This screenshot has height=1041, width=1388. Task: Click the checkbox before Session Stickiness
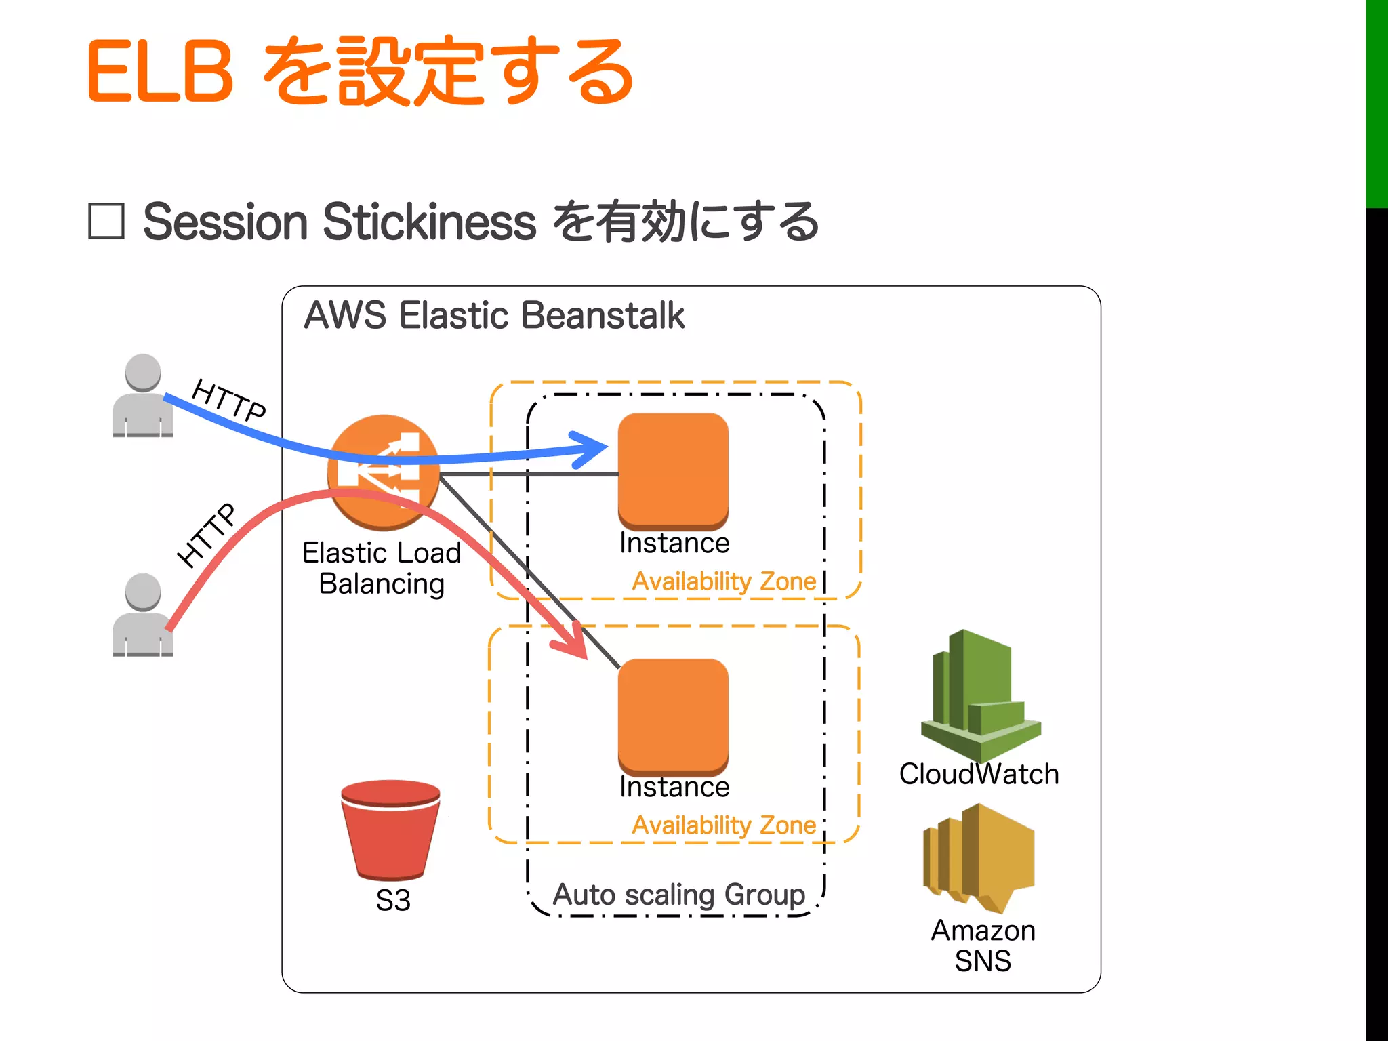tap(106, 221)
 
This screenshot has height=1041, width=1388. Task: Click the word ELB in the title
tap(161, 72)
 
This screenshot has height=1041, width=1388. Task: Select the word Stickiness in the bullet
tap(429, 222)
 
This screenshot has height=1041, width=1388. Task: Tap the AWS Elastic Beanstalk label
tap(493, 316)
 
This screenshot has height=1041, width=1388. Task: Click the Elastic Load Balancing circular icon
tap(384, 472)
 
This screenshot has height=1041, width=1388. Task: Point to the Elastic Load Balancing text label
tap(382, 568)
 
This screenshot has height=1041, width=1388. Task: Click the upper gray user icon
tap(142, 396)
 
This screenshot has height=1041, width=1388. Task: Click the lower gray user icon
tap(142, 615)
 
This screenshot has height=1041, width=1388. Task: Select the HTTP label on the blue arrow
tap(229, 401)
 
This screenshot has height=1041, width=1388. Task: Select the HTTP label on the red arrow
tap(207, 535)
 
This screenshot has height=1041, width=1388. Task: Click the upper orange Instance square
tap(673, 470)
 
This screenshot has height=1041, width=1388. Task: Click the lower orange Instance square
tap(673, 716)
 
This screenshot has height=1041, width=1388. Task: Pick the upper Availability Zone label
tap(724, 581)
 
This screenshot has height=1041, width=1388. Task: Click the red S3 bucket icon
tap(390, 830)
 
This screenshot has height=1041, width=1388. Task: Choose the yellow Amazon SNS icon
tap(979, 857)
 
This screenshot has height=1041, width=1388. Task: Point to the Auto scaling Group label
tap(679, 895)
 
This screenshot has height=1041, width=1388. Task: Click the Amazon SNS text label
tap(983, 946)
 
